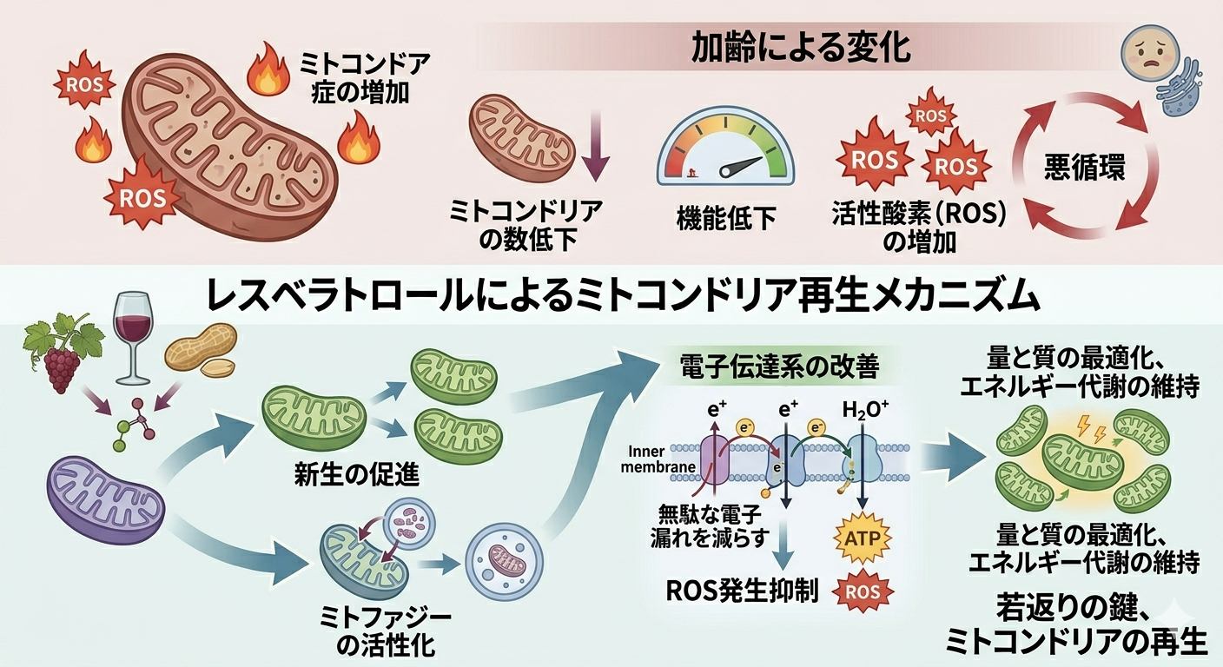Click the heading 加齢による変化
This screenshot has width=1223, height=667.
coord(800,48)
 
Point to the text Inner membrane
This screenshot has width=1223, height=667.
coord(664,459)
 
